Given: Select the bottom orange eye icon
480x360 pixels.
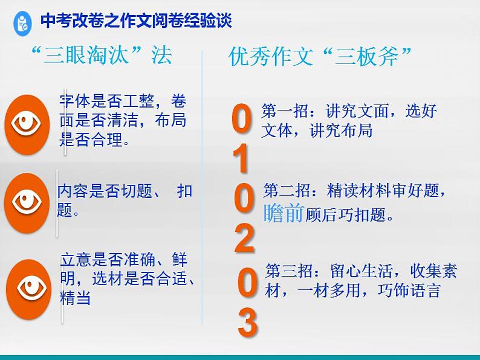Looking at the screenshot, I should click(28, 288).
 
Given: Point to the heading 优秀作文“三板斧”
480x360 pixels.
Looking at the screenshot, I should click(321, 57).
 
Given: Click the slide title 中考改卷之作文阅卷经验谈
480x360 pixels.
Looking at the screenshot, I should click(136, 22).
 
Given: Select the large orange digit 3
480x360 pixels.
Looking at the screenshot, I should click(247, 323).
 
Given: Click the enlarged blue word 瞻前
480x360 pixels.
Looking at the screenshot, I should click(284, 213).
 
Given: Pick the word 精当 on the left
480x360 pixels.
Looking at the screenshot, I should click(75, 298).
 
